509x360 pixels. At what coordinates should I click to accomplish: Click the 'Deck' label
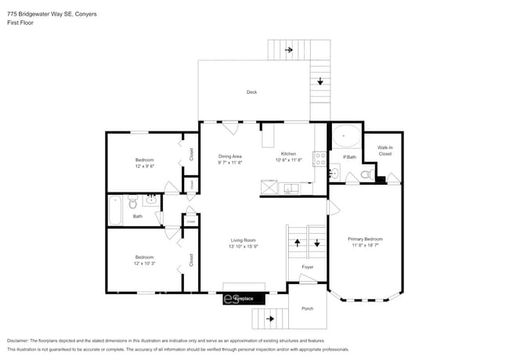click(251, 92)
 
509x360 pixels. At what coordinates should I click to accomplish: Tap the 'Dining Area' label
click(229, 157)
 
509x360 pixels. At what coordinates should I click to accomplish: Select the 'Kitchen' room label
click(288, 154)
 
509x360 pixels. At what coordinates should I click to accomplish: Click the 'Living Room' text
click(243, 240)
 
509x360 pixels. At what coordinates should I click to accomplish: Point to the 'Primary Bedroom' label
click(365, 239)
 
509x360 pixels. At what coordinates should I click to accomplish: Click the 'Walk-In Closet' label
click(384, 150)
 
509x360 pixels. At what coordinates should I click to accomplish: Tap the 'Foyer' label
click(308, 267)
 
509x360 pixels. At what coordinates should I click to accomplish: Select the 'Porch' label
click(307, 308)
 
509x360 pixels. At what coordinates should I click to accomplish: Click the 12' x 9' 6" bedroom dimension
click(144, 166)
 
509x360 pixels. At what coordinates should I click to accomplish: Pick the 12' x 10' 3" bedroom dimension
click(144, 263)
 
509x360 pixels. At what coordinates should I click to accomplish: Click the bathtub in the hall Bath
click(115, 210)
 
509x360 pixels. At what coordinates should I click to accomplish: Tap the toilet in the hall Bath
click(133, 200)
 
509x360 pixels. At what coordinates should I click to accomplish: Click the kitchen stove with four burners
click(319, 159)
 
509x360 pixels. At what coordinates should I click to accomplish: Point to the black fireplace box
click(244, 299)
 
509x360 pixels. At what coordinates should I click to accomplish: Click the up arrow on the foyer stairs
click(298, 243)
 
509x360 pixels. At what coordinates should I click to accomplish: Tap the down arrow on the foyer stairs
click(317, 243)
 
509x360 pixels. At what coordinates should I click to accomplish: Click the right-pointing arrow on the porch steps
click(271, 319)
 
